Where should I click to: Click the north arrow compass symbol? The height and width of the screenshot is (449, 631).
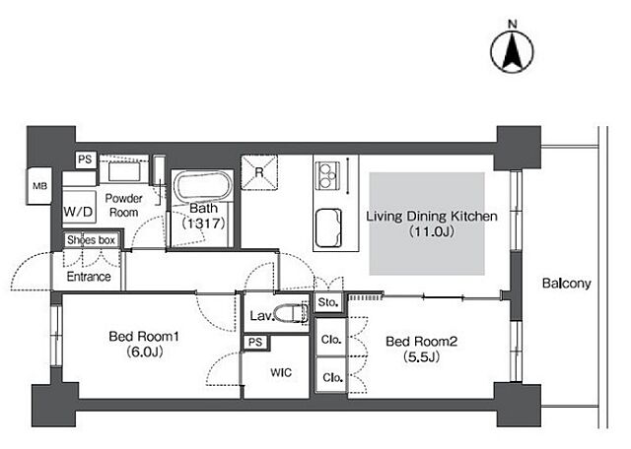click(513, 52)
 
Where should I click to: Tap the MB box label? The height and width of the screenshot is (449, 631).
click(39, 186)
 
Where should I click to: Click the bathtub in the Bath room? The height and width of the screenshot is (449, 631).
click(201, 186)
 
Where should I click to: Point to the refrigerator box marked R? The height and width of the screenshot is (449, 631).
click(259, 172)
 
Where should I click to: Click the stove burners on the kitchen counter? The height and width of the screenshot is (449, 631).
click(326, 175)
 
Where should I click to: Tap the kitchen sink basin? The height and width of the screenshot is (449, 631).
click(328, 227)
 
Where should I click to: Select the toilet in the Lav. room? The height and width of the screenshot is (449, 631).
click(291, 313)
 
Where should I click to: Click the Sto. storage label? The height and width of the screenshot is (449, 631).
click(327, 302)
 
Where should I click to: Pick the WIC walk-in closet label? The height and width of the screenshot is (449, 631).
click(281, 372)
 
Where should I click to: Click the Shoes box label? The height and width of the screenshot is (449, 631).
click(91, 240)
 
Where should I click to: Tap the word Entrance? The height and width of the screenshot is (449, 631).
click(89, 277)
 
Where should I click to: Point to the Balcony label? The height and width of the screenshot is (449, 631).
click(567, 284)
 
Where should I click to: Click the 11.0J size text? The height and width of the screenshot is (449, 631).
click(432, 231)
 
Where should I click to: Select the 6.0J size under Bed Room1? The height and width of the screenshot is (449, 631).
click(144, 352)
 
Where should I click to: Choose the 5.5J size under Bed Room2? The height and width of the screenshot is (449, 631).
click(421, 356)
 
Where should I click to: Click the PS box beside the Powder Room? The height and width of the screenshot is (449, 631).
click(86, 160)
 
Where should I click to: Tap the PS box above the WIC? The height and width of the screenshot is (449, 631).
click(255, 342)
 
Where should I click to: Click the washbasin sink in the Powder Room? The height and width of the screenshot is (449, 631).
click(124, 172)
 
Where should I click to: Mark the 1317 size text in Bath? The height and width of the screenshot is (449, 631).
click(204, 224)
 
